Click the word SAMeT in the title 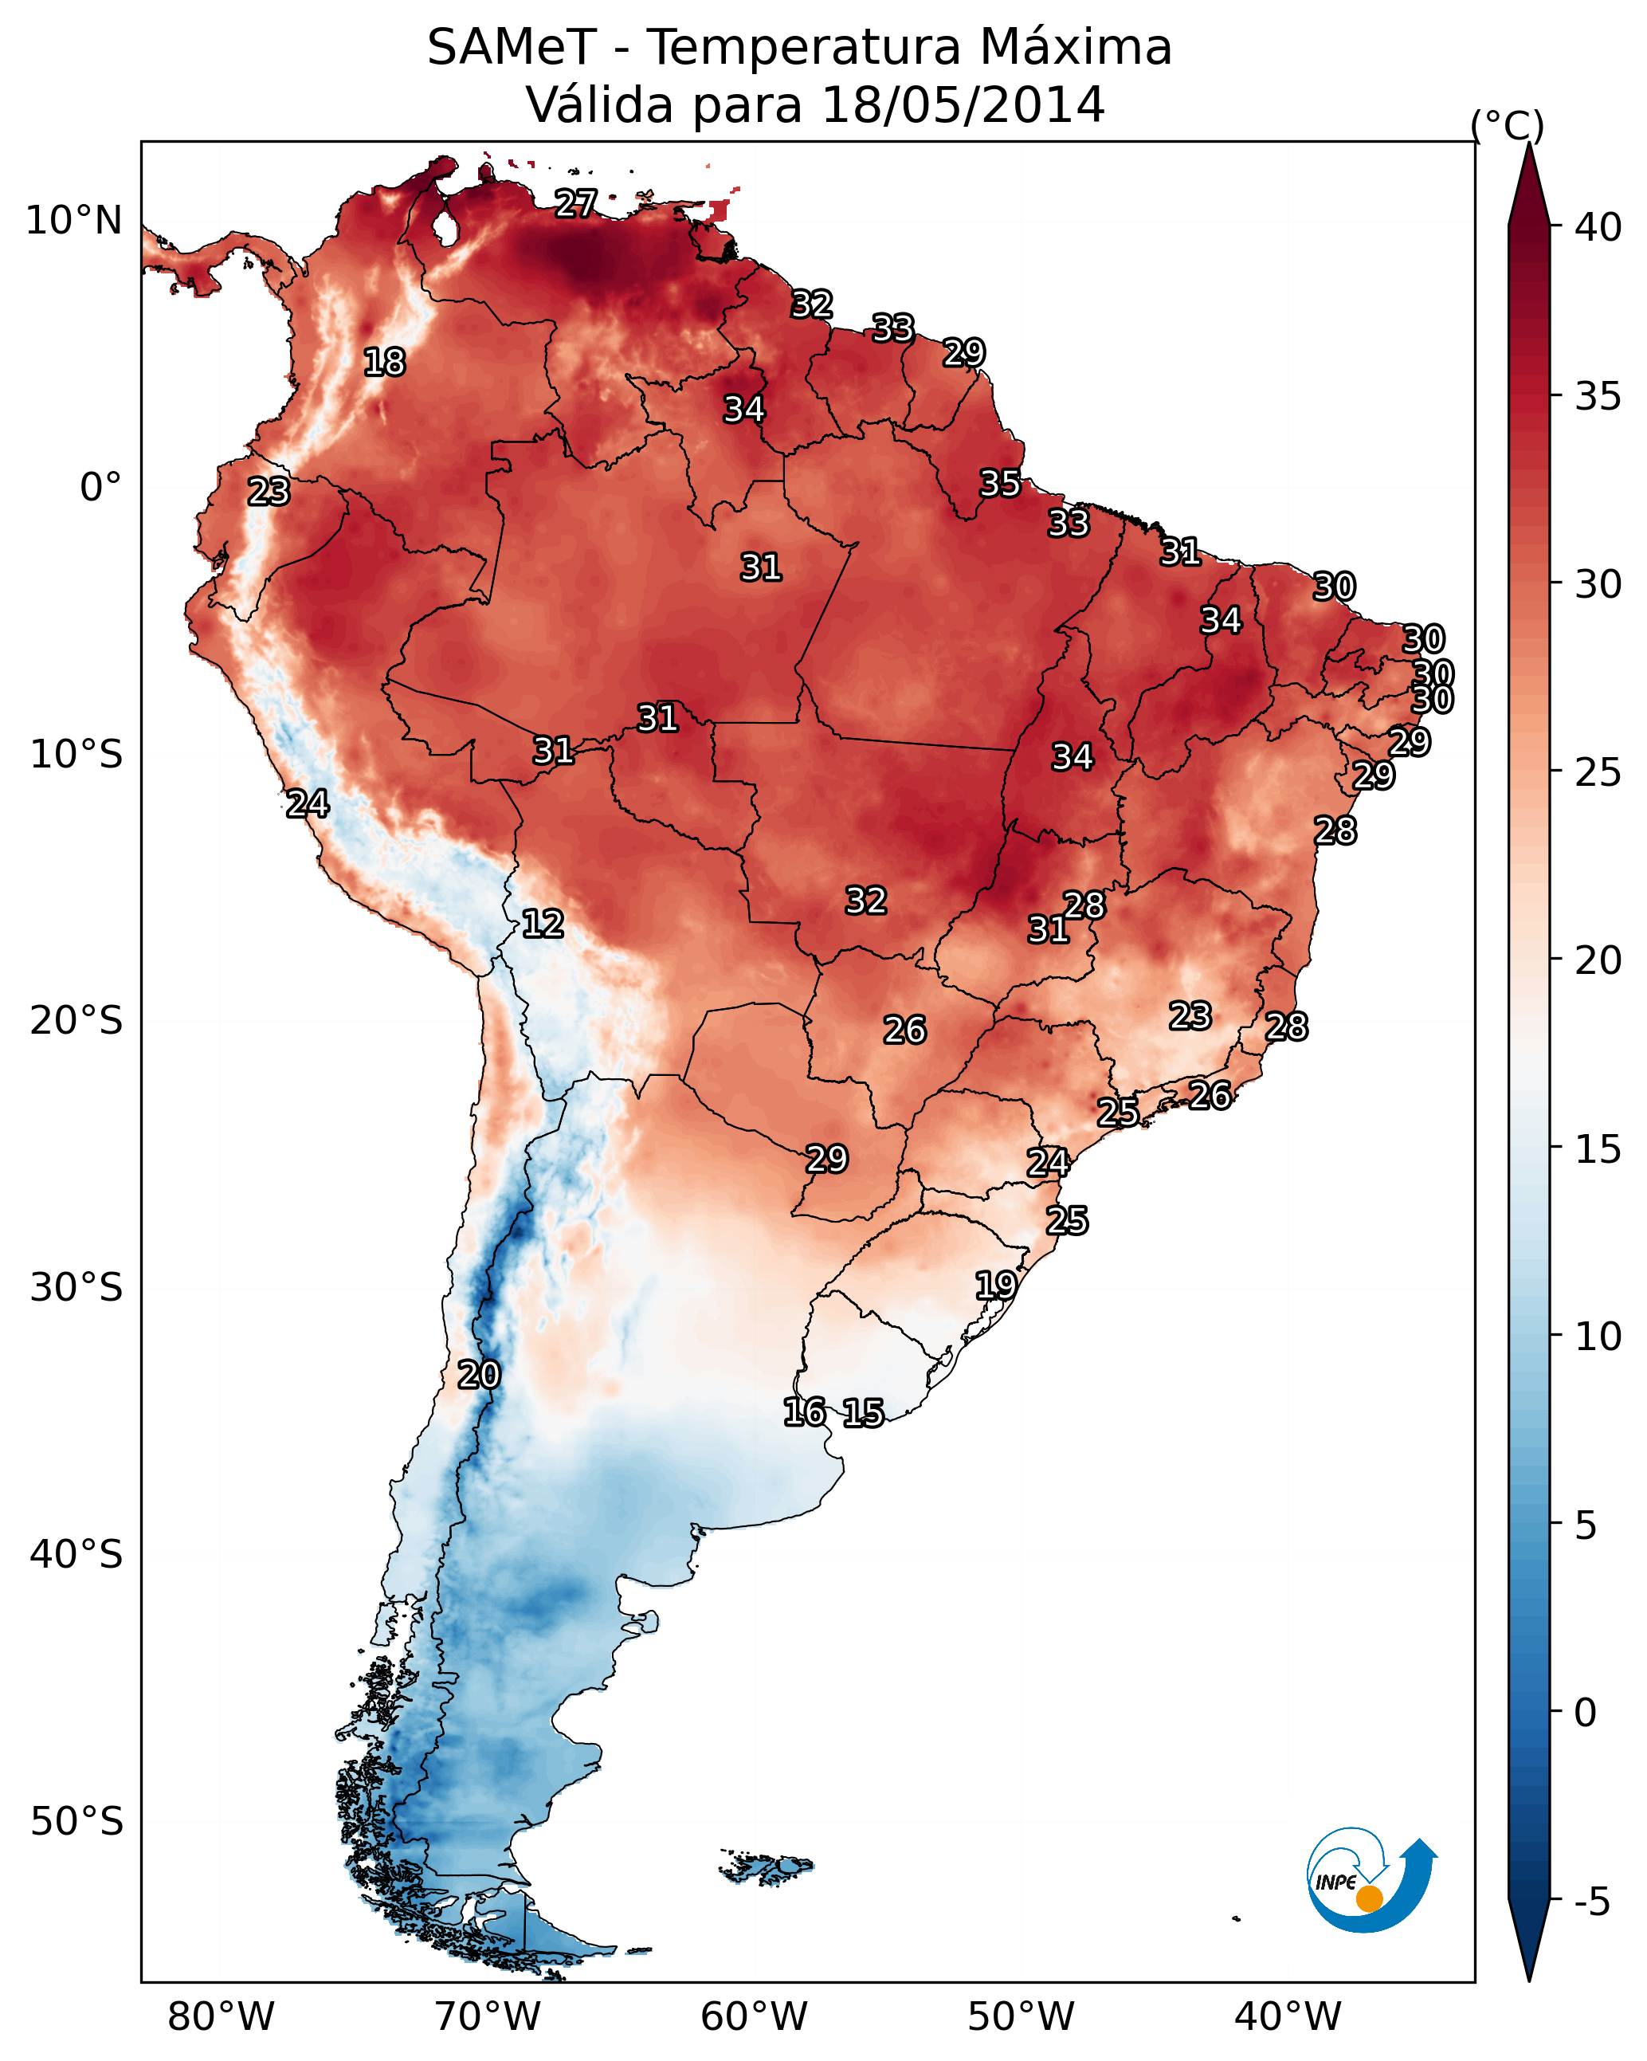(x=512, y=48)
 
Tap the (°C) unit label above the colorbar (x=1507, y=125)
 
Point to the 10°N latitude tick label (x=73, y=221)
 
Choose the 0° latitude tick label (x=100, y=488)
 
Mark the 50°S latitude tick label (x=76, y=1822)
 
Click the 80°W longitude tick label (x=221, y=2017)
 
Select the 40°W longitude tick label (x=1288, y=2017)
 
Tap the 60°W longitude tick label (x=755, y=2017)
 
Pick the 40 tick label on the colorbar (x=1598, y=227)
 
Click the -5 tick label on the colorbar (x=1594, y=1902)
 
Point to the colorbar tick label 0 (x=1585, y=1712)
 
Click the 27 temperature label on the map (x=576, y=203)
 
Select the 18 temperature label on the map (x=384, y=363)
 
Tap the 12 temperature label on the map (x=542, y=924)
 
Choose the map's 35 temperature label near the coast (x=1000, y=484)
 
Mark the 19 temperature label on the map (x=995, y=1285)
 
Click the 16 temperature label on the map (x=804, y=1412)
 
